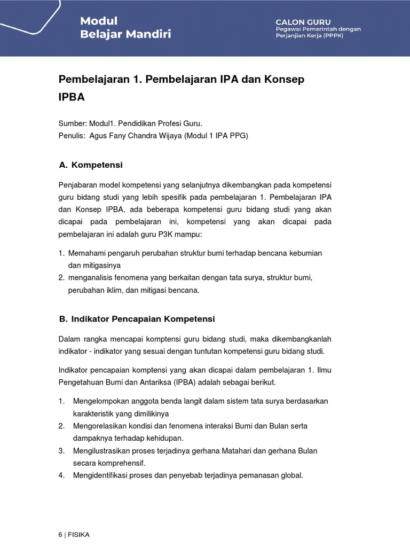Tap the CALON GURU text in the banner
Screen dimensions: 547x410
[303, 21]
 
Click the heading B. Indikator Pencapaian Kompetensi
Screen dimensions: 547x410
[137, 319]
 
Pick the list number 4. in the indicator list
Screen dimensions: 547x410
[61, 475]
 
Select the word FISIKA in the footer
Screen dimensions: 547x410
[78, 535]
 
